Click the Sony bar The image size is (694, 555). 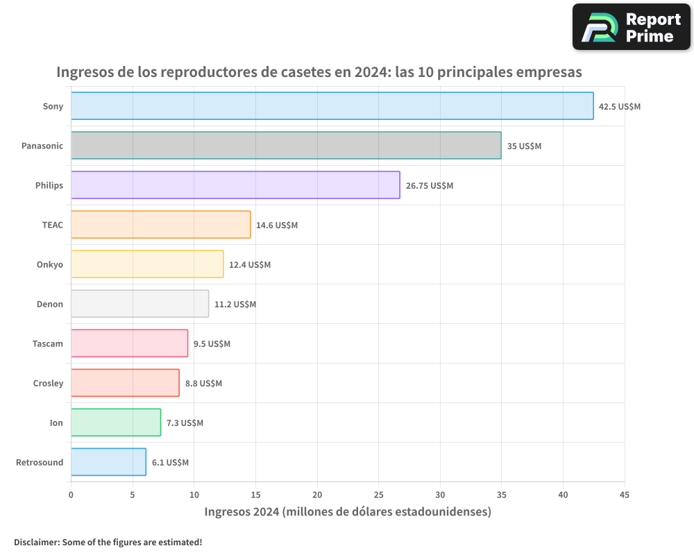[x=332, y=106]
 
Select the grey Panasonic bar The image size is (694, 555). [x=286, y=146]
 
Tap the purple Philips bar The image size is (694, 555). [x=235, y=185]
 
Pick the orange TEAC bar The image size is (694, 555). [x=160, y=225]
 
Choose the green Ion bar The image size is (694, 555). [x=116, y=422]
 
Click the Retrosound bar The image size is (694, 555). [x=108, y=462]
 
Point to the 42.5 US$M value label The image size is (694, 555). [x=620, y=107]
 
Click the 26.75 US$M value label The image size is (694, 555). [x=429, y=186]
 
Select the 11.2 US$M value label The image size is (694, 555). [x=235, y=305]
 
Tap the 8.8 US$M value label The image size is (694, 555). [x=203, y=384]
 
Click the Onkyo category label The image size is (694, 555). [x=49, y=264]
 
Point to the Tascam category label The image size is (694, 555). [x=47, y=343]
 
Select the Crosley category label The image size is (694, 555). [x=48, y=383]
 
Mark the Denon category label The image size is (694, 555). [x=49, y=304]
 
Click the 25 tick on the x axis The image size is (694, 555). [x=378, y=495]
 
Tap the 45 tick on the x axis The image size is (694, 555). [x=625, y=495]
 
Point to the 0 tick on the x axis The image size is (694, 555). [x=71, y=495]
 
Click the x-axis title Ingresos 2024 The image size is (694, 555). [x=348, y=512]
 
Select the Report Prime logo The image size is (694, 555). [x=631, y=27]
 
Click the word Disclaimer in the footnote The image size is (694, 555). [x=36, y=542]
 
